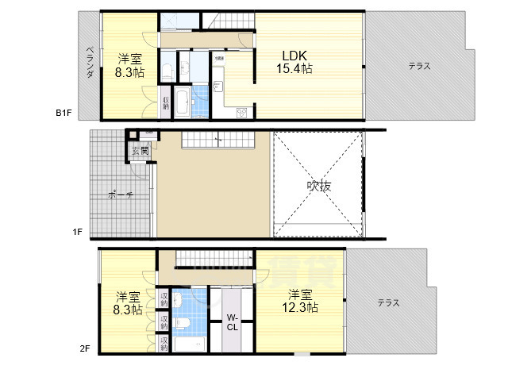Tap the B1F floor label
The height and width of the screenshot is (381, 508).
pyautogui.click(x=64, y=113)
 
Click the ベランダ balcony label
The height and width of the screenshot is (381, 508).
pyautogui.click(x=90, y=63)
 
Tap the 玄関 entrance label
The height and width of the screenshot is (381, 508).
pyautogui.click(x=140, y=150)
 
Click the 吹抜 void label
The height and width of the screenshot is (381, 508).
pyautogui.click(x=318, y=187)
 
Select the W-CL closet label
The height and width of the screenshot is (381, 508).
pyautogui.click(x=234, y=321)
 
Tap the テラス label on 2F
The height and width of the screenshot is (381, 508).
pyautogui.click(x=388, y=302)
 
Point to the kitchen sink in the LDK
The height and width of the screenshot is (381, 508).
pyautogui.click(x=219, y=88)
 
